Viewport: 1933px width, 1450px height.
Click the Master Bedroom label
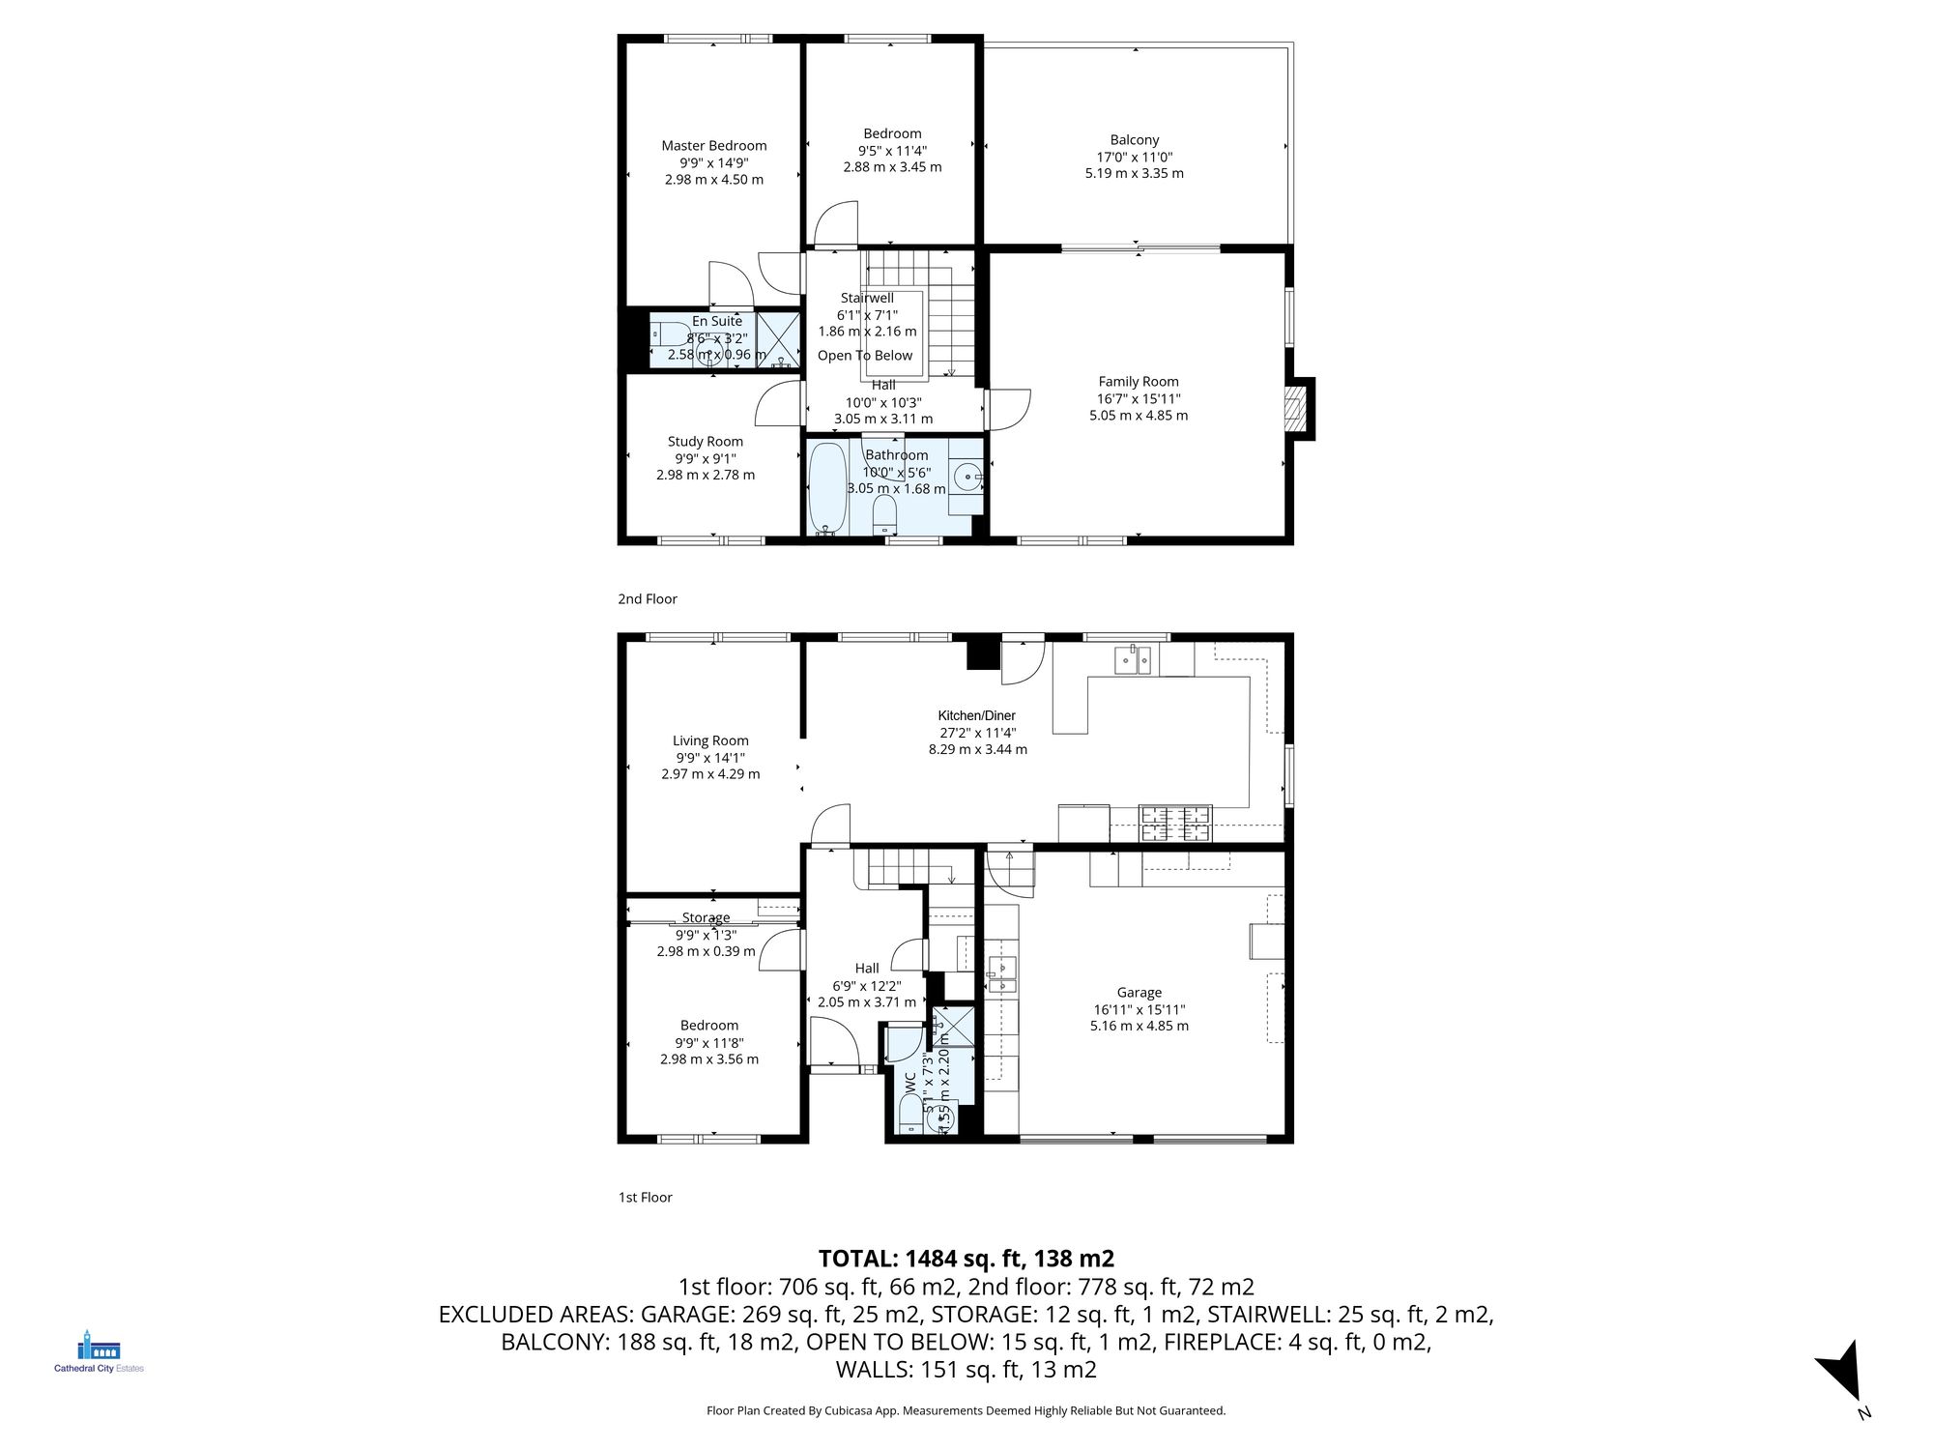713,146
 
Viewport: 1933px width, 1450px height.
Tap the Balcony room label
1134,140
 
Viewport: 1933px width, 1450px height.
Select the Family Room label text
1138,382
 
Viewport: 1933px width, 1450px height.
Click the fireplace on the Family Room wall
1295,408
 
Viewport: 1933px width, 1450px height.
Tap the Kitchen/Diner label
976,715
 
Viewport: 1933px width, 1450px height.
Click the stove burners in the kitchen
1175,824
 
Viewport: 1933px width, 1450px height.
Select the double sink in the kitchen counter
1133,660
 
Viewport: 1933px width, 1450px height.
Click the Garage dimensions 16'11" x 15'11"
1139,1009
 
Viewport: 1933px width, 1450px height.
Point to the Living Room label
710,740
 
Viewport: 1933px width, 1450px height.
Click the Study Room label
705,442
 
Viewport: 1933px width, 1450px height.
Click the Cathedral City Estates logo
99,1351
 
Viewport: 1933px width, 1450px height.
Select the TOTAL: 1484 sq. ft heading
966,1259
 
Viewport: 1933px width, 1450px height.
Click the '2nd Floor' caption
648,599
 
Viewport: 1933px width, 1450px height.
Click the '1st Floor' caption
645,1198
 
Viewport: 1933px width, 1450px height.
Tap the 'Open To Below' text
864,356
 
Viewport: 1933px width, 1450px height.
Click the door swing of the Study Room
779,404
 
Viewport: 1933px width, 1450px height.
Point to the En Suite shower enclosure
778,337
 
